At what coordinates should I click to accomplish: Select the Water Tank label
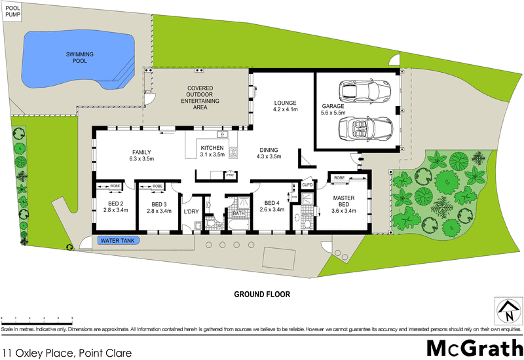coord(117,240)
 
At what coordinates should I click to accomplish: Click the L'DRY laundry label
coord(191,211)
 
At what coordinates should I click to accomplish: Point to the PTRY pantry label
coord(230,175)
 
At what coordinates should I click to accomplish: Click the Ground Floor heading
coord(262,294)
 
